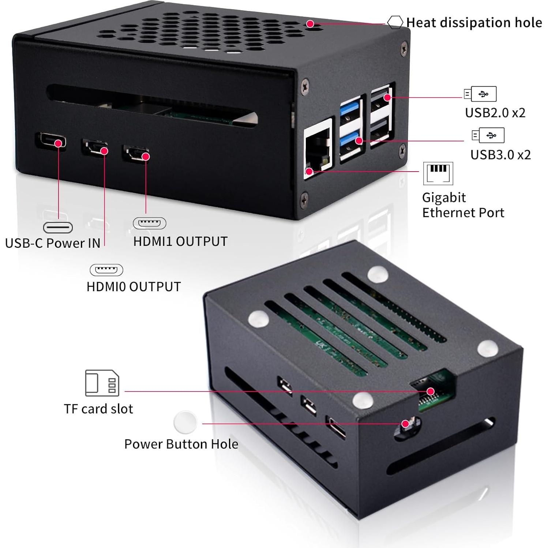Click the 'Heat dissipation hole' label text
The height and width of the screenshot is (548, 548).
tap(474, 23)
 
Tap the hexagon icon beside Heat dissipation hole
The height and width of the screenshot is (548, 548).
tap(395, 22)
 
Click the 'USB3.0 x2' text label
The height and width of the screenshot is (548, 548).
tap(500, 155)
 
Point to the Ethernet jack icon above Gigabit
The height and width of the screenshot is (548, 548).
tap(438, 173)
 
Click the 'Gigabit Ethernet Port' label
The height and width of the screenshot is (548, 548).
tap(463, 205)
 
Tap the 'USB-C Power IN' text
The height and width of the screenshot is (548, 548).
tap(53, 243)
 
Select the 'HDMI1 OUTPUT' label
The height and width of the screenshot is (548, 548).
tap(180, 241)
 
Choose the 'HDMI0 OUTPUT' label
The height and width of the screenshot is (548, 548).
tap(134, 286)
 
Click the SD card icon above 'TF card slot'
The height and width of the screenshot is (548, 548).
tap(102, 383)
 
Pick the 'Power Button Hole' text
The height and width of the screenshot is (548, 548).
tap(181, 444)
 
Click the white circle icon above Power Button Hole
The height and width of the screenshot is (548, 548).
tap(185, 423)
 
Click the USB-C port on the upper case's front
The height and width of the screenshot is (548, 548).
tap(51, 140)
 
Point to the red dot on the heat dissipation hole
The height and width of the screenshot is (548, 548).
tap(310, 24)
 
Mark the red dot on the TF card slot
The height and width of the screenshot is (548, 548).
tap(431, 391)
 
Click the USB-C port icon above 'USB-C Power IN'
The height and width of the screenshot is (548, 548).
tap(58, 228)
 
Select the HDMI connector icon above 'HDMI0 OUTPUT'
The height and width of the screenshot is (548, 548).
tap(106, 270)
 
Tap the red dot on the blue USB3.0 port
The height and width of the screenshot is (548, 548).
tap(359, 140)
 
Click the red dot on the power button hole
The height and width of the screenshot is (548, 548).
tap(405, 424)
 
